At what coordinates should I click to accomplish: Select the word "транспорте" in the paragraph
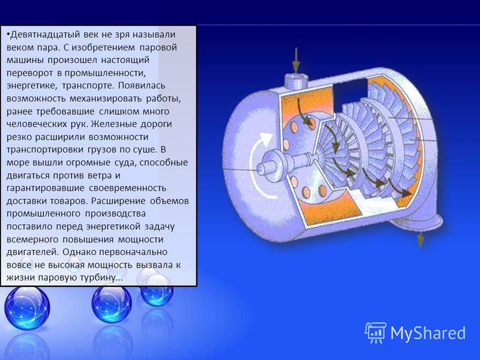[x=88, y=86]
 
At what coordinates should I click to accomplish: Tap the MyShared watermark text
[x=428, y=333]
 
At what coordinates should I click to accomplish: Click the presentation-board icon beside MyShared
[x=376, y=332]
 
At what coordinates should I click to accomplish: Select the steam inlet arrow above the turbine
[x=296, y=60]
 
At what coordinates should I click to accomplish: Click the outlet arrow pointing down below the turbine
[x=421, y=239]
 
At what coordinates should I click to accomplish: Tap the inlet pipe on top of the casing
[x=296, y=80]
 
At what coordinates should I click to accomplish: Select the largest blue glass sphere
[x=27, y=308]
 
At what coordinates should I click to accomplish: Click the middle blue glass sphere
[x=112, y=303]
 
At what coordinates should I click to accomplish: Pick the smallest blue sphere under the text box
[x=157, y=290]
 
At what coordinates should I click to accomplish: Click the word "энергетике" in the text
[x=32, y=86]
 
